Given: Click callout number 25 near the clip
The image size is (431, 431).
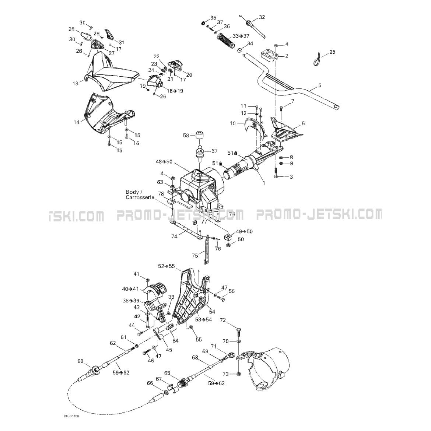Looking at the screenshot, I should coord(332,52).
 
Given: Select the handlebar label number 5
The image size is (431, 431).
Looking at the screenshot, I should coord(319,85).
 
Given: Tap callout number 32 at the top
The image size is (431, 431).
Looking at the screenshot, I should coord(262,17).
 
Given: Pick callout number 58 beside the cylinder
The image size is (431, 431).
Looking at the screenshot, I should coord(186,135).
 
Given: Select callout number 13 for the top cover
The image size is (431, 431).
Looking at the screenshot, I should coord(75,83).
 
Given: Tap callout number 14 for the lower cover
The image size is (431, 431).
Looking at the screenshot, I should coord(77,122).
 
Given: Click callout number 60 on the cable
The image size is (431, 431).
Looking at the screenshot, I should coord(80,361).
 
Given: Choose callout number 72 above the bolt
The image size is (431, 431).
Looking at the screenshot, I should coord(222,320).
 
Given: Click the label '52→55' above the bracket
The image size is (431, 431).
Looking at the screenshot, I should coord(167,266).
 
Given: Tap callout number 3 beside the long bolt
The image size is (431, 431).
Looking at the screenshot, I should coord(291,177).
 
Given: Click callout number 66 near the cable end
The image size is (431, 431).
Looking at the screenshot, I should coord(150,383).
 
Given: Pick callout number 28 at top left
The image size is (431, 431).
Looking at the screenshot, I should coord(71,29).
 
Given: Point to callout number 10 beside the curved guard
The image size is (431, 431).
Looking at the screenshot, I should coord(232,123).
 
